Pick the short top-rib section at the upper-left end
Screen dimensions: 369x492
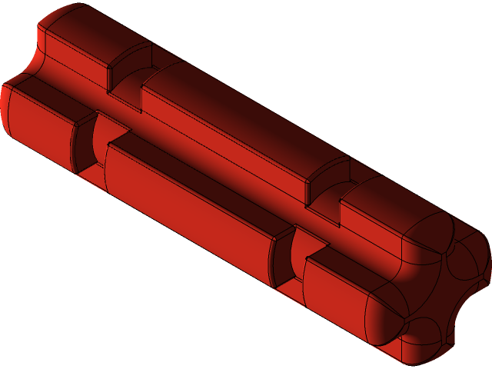(77, 38)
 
